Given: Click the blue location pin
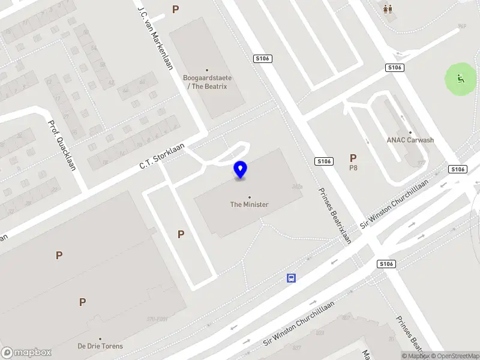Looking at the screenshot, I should [x=241, y=169].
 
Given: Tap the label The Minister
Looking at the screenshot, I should [x=249, y=205].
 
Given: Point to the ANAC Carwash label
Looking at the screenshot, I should [x=410, y=140].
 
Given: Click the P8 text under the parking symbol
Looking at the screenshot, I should [x=353, y=169].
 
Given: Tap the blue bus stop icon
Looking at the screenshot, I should [x=291, y=278].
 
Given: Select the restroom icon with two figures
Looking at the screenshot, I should [x=388, y=9].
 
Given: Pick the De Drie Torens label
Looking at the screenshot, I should [x=100, y=346].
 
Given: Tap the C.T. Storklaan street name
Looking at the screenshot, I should [x=161, y=155].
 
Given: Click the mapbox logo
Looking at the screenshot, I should [x=26, y=352].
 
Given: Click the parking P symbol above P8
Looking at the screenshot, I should [x=353, y=158].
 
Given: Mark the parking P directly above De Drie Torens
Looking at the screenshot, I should [x=82, y=302].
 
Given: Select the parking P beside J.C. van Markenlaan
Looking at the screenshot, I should [x=175, y=9].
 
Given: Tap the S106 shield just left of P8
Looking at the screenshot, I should [x=323, y=161].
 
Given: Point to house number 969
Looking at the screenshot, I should [x=462, y=26].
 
